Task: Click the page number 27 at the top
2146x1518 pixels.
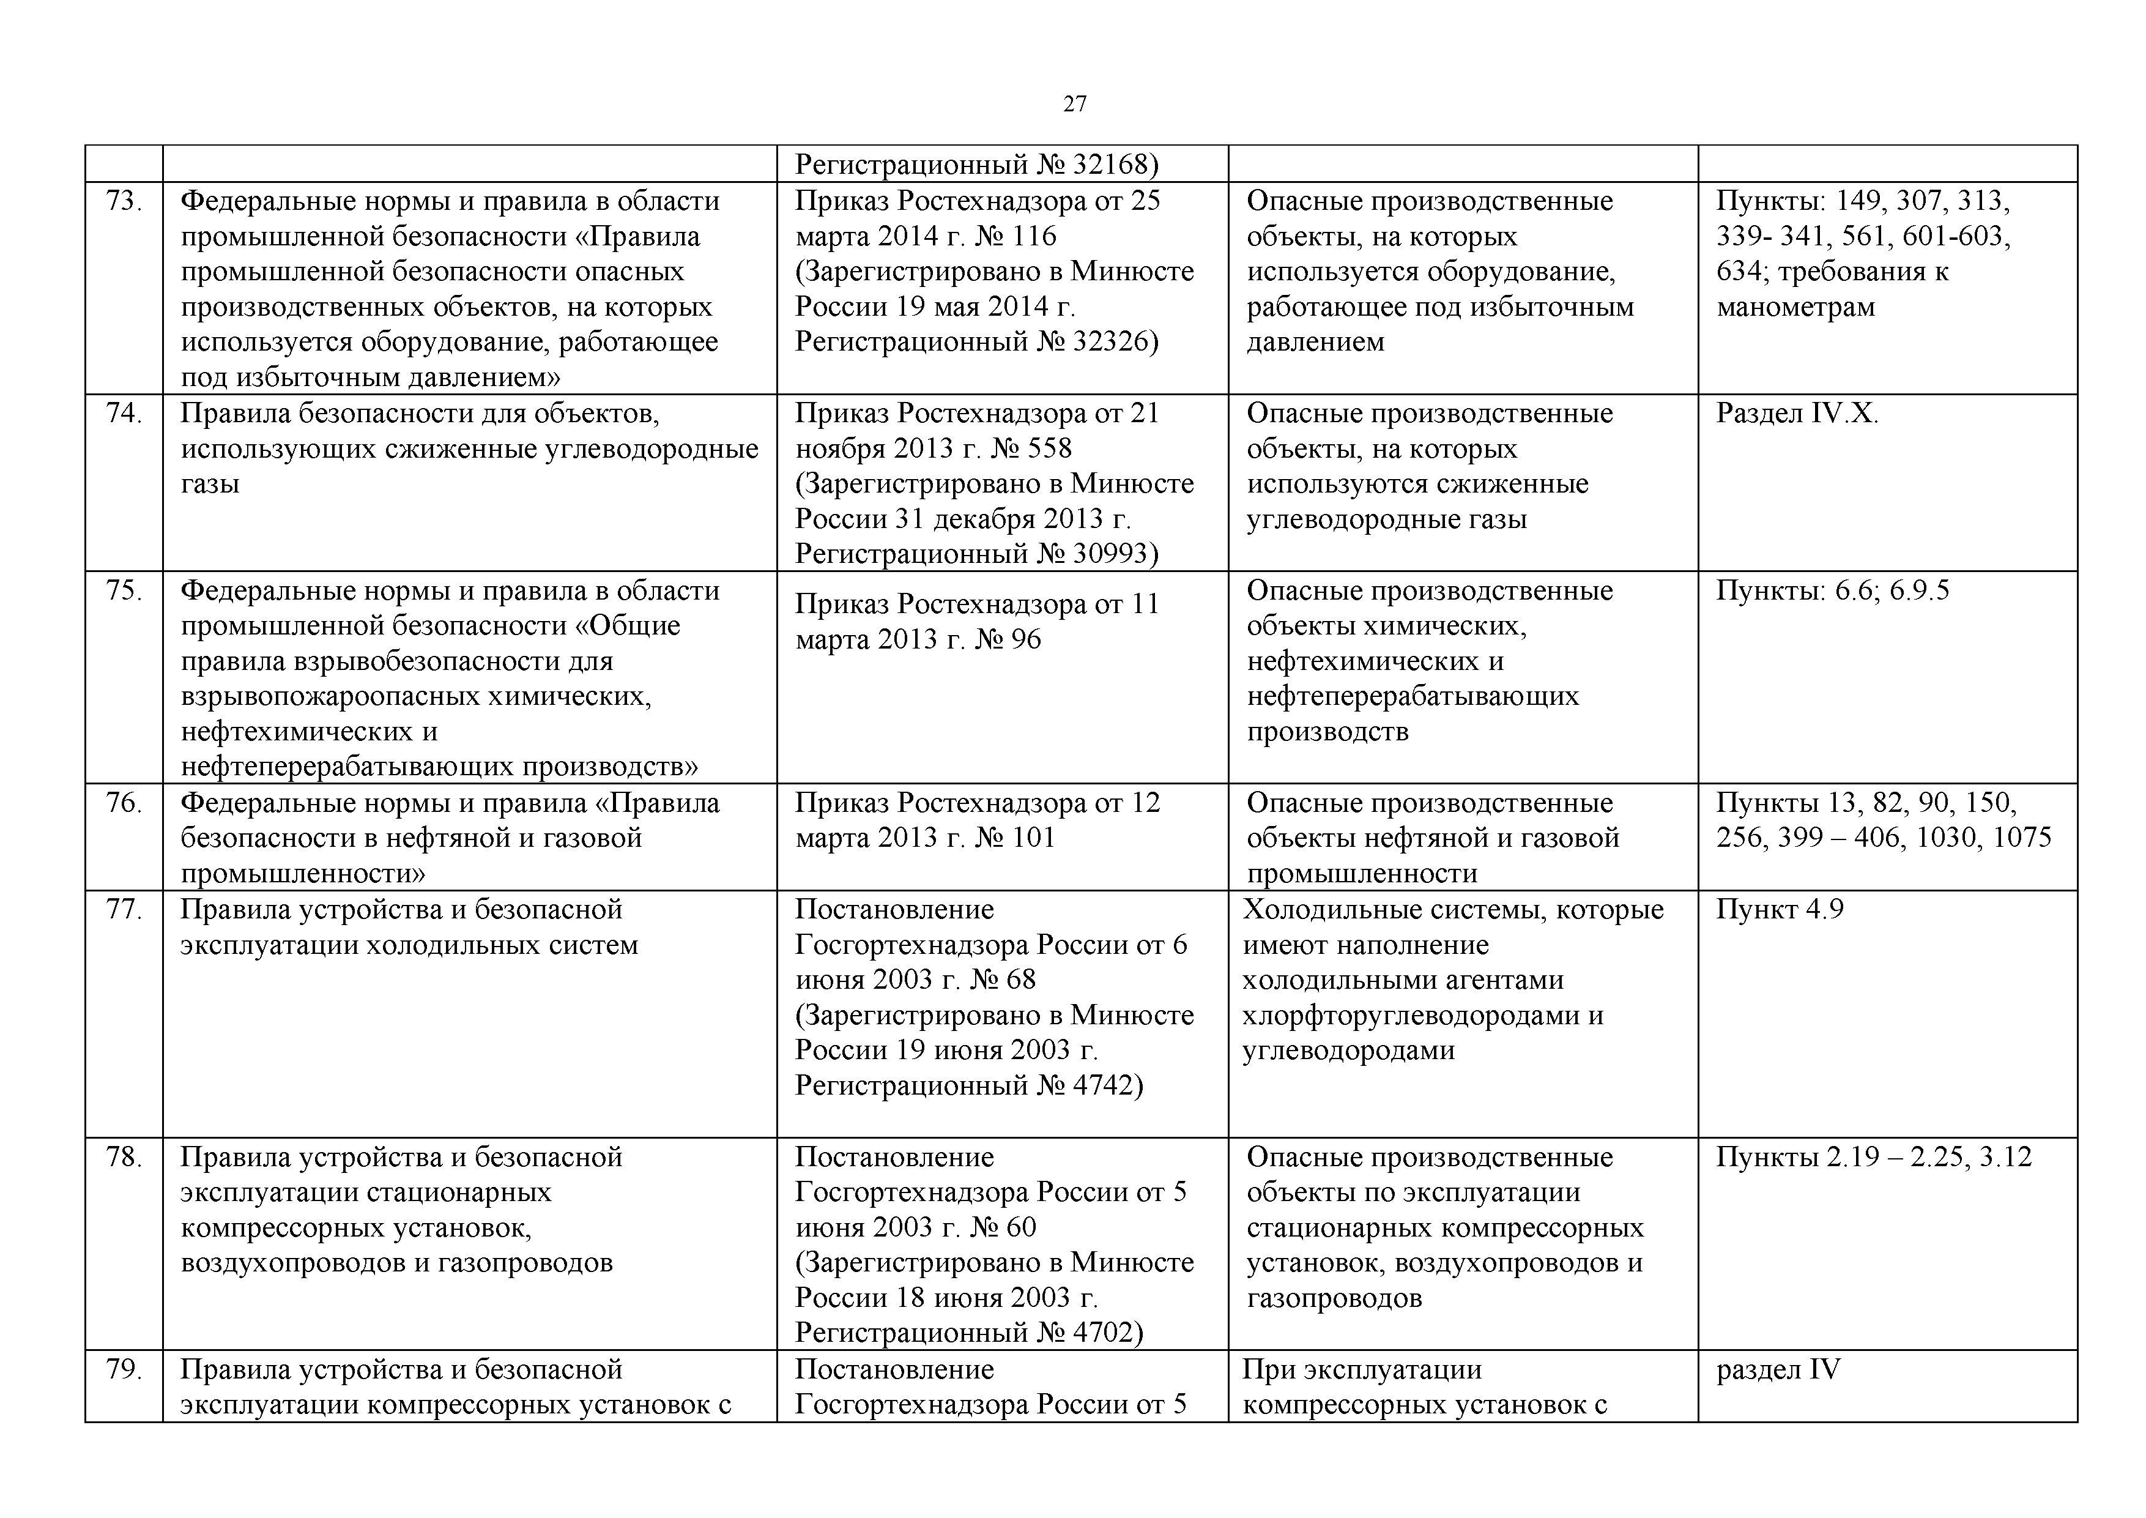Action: (1074, 104)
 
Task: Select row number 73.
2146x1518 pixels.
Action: (124, 201)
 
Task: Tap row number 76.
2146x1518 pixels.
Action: (124, 803)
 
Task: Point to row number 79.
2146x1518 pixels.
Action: (124, 1369)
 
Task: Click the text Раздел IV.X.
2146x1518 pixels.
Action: (1797, 413)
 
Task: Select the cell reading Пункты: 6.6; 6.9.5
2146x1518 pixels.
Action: (1832, 591)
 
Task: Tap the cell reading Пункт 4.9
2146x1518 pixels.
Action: (1780, 909)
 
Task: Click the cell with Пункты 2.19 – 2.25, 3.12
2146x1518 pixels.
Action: (1873, 1157)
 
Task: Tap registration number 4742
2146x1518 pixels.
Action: (1103, 1085)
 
